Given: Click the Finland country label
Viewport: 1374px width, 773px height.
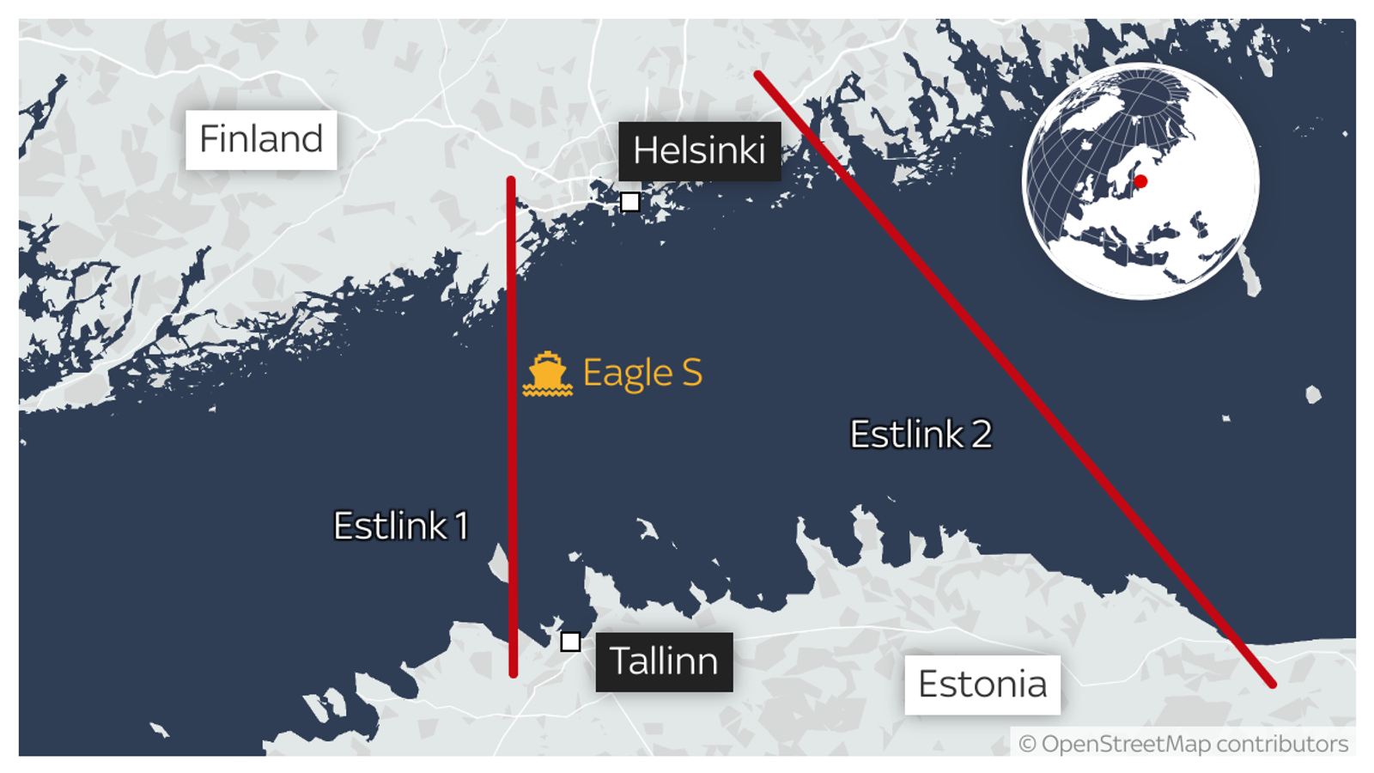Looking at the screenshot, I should tap(261, 139).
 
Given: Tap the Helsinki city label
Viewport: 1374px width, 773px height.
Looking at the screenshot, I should tap(699, 151).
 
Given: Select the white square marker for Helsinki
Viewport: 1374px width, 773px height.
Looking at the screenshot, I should tap(629, 202).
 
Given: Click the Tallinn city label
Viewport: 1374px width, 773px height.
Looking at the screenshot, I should tap(664, 661).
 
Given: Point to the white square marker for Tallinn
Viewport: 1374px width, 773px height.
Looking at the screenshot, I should tap(570, 642).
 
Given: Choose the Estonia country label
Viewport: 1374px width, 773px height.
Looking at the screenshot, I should tap(982, 685).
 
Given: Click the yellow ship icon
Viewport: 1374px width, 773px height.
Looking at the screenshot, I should tap(547, 374).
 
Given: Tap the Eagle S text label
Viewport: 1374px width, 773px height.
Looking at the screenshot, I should tap(642, 373).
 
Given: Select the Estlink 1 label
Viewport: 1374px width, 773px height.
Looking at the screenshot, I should tap(401, 526).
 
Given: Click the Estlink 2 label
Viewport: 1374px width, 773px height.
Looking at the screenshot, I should tap(921, 434).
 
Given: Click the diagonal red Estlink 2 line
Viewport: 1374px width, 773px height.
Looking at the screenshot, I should tap(1013, 378).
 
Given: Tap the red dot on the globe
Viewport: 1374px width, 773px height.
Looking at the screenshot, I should tap(1140, 181).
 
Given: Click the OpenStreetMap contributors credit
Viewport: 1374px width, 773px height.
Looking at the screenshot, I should tap(1183, 744).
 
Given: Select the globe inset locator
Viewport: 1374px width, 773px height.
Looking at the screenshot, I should tap(1140, 181).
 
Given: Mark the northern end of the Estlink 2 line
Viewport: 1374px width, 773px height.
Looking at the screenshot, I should tap(758, 76).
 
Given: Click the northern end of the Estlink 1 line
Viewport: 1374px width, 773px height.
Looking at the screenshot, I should tap(511, 180).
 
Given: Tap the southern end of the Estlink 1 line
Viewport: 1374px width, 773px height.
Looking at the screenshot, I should tap(513, 673).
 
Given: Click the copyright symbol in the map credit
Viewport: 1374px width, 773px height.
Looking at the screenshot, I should tap(1027, 744).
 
